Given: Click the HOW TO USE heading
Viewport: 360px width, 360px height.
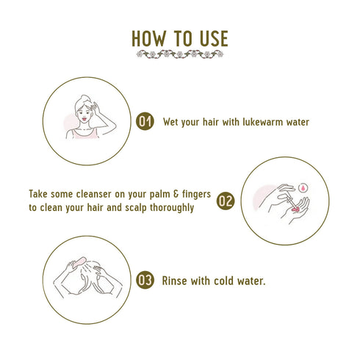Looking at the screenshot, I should coord(180,37).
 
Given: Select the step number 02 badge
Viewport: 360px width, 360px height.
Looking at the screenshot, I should coord(226,200).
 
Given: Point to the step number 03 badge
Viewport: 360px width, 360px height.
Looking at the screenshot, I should coord(145,280).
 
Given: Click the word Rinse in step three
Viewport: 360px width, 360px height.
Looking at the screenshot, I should coord(176,280).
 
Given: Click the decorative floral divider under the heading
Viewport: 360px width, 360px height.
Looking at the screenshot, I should coord(180,54).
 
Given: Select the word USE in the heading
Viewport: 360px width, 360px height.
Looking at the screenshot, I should coord(211,37).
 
